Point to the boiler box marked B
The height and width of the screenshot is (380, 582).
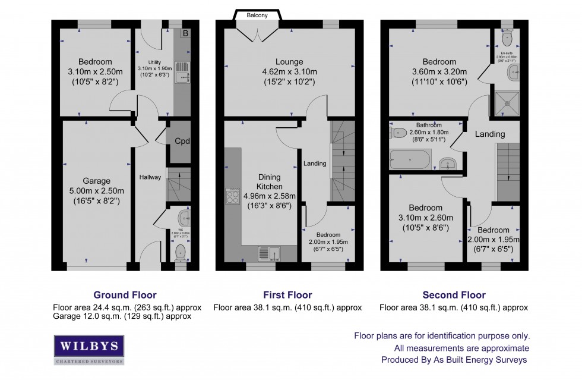(185, 33)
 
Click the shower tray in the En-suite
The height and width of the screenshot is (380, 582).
(507, 102)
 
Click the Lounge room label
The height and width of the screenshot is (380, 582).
(289, 61)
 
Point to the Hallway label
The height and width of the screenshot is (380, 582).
(150, 177)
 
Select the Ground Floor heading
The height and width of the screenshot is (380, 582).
(125, 295)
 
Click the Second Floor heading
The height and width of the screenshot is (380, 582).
(454, 295)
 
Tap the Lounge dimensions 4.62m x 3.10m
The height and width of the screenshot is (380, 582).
(289, 72)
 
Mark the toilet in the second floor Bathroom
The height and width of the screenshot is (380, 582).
(398, 132)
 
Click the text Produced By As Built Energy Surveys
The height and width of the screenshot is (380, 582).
(454, 360)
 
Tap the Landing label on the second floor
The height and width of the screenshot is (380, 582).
(490, 134)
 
